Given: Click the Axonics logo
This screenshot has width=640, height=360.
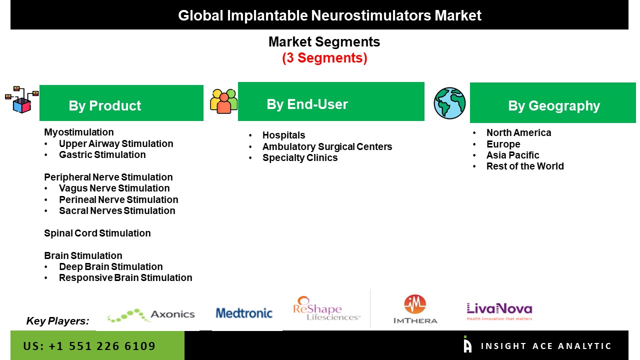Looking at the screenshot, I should point(151,314).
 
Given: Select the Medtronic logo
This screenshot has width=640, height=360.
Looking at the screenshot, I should point(244,313).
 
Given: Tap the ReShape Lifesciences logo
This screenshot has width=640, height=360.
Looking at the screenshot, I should point(326,308).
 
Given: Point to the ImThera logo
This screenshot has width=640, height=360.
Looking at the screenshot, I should point(415,309).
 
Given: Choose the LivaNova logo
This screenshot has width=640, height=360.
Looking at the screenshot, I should point(499,311).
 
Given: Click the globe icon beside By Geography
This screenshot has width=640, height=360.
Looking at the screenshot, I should point(449,103).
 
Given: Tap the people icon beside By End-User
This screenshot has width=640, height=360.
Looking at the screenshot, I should point(223,101).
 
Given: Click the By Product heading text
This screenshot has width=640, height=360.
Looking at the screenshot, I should point(105,105).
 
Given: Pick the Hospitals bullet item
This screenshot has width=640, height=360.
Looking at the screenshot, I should point(283,135).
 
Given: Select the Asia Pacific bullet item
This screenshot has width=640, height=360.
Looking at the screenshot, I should point(512,155).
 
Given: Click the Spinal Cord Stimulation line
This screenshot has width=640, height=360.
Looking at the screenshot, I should point(97,233).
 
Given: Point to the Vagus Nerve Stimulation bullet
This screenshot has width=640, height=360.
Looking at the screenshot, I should point(114,188).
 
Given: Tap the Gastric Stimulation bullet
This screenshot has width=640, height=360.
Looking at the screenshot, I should point(102,154).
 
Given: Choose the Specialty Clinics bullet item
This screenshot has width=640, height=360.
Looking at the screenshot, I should point(299,157).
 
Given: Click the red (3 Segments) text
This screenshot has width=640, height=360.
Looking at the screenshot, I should point(324,58).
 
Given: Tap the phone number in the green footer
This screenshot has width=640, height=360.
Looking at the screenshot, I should point(89,346).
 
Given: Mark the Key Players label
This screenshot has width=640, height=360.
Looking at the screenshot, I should point(57,321).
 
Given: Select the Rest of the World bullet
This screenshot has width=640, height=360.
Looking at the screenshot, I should point(525,166).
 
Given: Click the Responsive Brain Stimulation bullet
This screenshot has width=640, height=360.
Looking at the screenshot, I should point(125,277).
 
